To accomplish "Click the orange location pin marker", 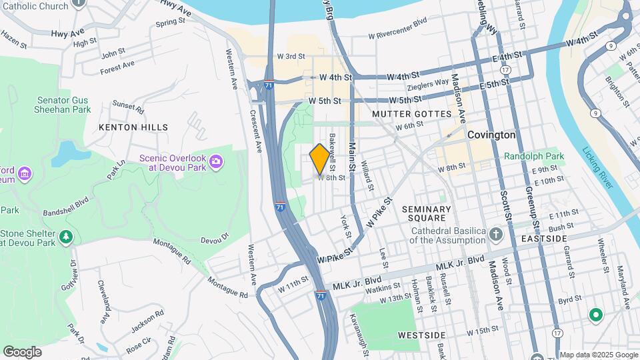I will [x=319, y=159].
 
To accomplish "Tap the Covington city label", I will [x=491, y=135].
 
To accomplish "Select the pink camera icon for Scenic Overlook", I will [x=215, y=161].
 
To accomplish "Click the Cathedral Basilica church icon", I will [x=495, y=234].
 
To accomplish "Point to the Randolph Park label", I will [x=534, y=156].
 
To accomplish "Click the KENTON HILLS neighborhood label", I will [x=133, y=127].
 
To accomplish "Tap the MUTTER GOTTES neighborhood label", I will [x=411, y=114].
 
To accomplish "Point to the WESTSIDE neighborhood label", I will [x=421, y=334].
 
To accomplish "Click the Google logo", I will [x=22, y=352].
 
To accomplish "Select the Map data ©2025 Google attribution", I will [x=598, y=355].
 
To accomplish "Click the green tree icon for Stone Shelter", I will [x=65, y=237].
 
